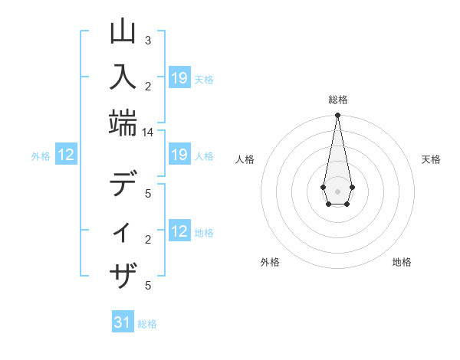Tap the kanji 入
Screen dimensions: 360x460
[x=123, y=77]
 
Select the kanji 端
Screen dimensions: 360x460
[x=123, y=123]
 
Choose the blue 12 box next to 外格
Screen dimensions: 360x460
[x=66, y=155]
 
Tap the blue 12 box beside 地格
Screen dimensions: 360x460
[x=179, y=232]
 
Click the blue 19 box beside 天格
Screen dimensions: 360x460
[x=179, y=78]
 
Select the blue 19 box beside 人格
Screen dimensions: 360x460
[x=179, y=155]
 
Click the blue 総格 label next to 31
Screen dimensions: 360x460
[x=147, y=324]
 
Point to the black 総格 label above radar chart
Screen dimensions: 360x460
[x=337, y=100]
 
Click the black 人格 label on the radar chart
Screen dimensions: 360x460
[x=245, y=159]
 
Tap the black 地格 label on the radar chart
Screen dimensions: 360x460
[x=402, y=262]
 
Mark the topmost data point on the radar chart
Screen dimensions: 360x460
[x=337, y=116]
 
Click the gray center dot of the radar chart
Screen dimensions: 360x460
[x=337, y=191]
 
